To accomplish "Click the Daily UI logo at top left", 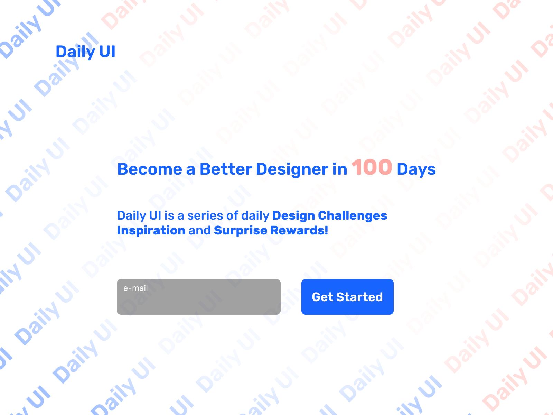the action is click(85, 52).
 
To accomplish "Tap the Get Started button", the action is click(347, 297).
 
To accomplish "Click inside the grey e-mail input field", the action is click(198, 297).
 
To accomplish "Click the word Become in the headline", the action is click(150, 169).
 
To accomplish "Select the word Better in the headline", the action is click(226, 169).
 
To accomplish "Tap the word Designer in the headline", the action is click(292, 169).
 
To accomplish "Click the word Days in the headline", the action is click(416, 169).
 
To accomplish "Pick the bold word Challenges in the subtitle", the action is click(353, 216).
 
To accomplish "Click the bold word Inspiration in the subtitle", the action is click(151, 231).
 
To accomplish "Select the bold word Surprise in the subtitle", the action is click(241, 231).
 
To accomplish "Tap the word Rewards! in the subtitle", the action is click(299, 230).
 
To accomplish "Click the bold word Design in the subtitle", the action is click(294, 216).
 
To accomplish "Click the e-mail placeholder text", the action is click(135, 288).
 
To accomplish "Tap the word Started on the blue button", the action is click(359, 297).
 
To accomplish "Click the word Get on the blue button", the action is click(322, 297).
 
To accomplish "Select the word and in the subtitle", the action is click(199, 230).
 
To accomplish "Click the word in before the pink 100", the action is click(340, 169).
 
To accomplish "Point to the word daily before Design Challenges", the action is click(255, 216).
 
